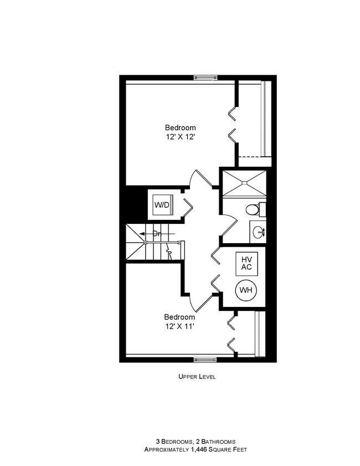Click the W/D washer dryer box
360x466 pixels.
coord(162,205)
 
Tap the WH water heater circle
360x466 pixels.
coord(246,290)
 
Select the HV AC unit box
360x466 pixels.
coord(246,263)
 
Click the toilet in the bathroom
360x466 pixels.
coord(254,210)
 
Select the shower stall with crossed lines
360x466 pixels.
coord(244,183)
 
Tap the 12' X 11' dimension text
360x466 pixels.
coord(179,326)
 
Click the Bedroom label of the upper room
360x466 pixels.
coord(180,127)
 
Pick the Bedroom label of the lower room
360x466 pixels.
coord(179,318)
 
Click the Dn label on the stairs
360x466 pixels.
coord(157,234)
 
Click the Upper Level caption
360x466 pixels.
coord(197,377)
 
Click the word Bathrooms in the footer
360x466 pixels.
coord(218,441)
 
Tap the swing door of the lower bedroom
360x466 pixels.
coord(198,299)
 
